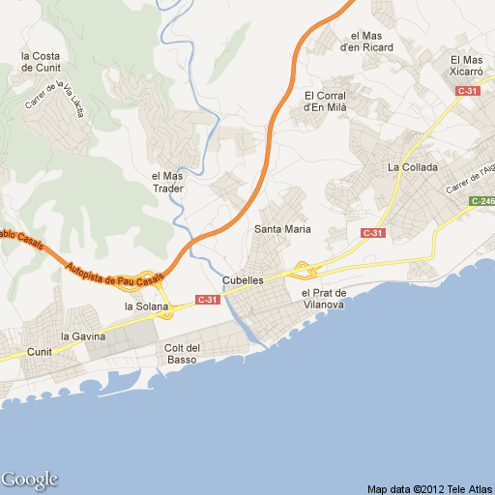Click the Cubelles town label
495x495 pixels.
(x=243, y=280)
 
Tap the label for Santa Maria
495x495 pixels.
(x=282, y=229)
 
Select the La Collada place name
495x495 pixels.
(x=413, y=167)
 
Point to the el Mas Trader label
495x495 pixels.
(x=167, y=182)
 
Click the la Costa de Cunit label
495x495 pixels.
(x=41, y=62)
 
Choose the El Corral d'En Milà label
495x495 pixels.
(x=325, y=101)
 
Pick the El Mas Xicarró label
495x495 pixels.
(x=466, y=66)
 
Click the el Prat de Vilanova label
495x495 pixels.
(x=323, y=298)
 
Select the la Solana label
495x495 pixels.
(x=146, y=306)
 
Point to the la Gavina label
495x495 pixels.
(x=83, y=336)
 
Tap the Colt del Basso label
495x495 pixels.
(x=182, y=354)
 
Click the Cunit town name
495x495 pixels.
(x=40, y=352)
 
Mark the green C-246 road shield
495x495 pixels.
(x=482, y=201)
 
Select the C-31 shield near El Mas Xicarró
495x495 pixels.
(x=468, y=91)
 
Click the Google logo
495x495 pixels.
(x=30, y=480)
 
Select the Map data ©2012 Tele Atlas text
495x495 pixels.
(x=429, y=488)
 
